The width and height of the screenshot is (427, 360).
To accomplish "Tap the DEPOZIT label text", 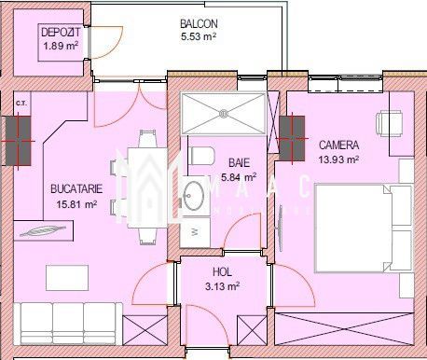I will coord(59,34).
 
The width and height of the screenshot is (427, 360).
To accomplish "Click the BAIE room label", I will coord(240,161).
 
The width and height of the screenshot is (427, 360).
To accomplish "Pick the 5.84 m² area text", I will coord(240,175).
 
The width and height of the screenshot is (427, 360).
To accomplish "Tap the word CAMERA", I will coord(337,146).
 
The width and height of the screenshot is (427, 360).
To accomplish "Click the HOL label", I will coord(222,272).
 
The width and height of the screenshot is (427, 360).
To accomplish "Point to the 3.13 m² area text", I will coord(222,286).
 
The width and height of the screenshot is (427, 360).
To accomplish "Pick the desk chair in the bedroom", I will coord(389,121).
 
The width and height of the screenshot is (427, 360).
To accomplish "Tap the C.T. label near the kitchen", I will coord(21,100).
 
